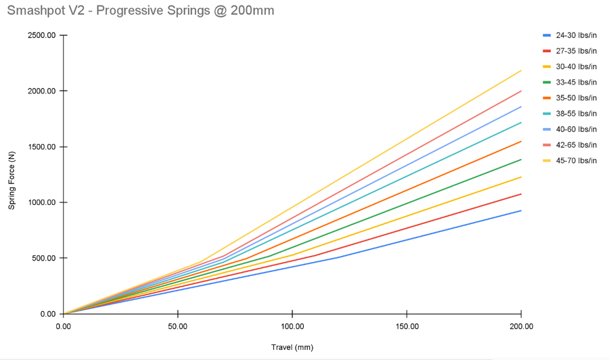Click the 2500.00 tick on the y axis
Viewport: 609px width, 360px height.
click(41, 35)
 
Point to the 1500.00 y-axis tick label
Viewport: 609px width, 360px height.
click(41, 147)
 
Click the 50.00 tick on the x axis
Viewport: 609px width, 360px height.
click(177, 325)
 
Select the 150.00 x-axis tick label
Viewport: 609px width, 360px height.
click(406, 325)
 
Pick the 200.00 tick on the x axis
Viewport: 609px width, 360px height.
click(520, 325)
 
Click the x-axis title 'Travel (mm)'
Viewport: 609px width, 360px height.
click(292, 347)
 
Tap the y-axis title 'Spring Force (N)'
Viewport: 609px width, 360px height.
click(12, 175)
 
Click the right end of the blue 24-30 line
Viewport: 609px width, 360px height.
click(520, 210)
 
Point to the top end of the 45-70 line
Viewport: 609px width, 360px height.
click(520, 70)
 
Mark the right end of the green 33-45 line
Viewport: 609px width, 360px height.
click(520, 160)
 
